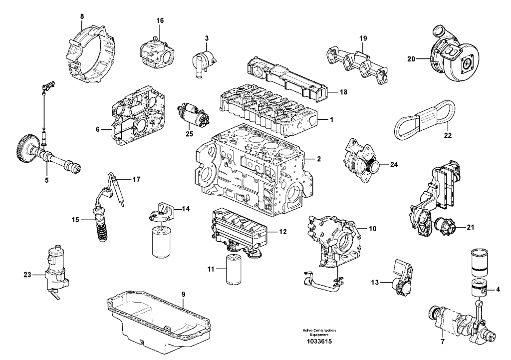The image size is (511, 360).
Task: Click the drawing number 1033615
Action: tap(319, 342)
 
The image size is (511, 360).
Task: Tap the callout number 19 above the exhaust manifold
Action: tap(363, 37)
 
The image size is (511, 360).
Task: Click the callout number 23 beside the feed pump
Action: tap(27, 273)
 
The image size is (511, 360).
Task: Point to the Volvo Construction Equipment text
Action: tap(319, 332)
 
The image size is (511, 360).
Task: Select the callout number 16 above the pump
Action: tap(160, 20)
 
